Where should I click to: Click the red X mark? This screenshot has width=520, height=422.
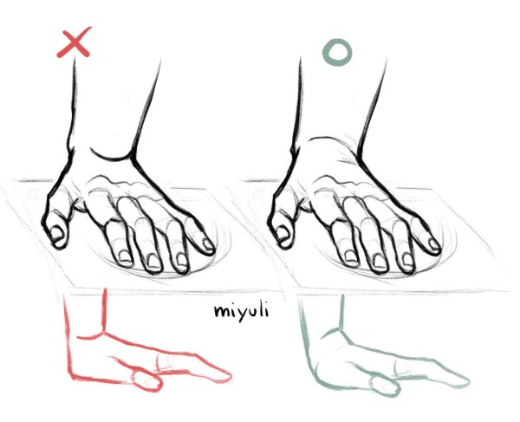tap(74, 42)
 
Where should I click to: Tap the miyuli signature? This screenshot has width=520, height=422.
tap(241, 310)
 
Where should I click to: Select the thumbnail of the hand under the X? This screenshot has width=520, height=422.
tap(56, 233)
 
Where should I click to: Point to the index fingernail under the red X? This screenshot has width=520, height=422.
tap(125, 256)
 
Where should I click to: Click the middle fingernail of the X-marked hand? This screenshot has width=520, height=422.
tap(153, 260)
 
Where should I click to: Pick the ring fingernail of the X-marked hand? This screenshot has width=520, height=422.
tap(181, 259)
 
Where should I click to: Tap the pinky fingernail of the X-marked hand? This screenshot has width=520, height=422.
tap(208, 244)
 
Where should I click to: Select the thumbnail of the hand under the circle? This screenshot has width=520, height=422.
tap(283, 232)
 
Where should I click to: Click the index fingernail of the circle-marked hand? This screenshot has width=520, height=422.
tap(350, 256)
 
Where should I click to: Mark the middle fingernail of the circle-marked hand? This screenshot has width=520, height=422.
tap(379, 260)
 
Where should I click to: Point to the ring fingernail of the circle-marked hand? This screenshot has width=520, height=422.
tap(407, 259)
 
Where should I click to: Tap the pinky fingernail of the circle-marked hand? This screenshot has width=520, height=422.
tap(433, 244)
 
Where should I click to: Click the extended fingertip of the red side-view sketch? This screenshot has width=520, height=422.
tap(230, 376)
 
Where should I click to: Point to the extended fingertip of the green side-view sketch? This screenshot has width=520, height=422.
tap(468, 381)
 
